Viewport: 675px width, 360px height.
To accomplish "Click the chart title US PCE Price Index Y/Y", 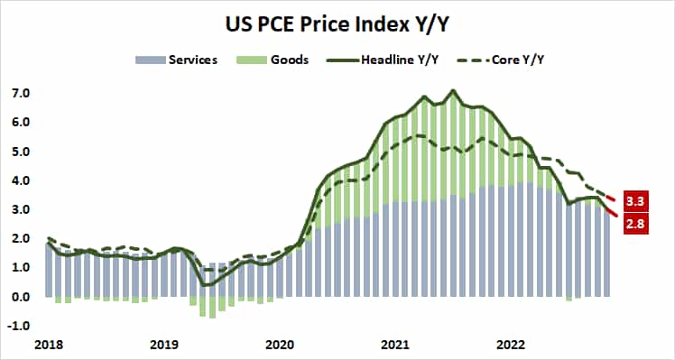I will pyautogui.click(x=337, y=19).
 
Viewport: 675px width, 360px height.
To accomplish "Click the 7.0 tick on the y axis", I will pyautogui.click(x=22, y=93).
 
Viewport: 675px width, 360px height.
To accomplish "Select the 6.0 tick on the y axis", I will pyautogui.click(x=22, y=122).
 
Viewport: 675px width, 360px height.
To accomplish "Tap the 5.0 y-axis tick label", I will pyautogui.click(x=22, y=152).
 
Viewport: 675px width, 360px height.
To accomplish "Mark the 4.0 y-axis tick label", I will pyautogui.click(x=22, y=180).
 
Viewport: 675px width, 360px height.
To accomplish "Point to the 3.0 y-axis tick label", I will pyautogui.click(x=22, y=209).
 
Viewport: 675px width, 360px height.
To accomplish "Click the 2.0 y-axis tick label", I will pyautogui.click(x=22, y=238).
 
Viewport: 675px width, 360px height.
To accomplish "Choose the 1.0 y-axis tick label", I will pyautogui.click(x=22, y=268).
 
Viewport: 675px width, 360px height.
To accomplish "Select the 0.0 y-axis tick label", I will pyautogui.click(x=22, y=297).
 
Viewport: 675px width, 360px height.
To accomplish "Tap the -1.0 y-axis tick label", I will pyautogui.click(x=20, y=326).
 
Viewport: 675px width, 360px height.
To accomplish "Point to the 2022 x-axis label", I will pyautogui.click(x=510, y=346).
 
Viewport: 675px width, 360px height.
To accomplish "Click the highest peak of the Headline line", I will pyautogui.click(x=453, y=90).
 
